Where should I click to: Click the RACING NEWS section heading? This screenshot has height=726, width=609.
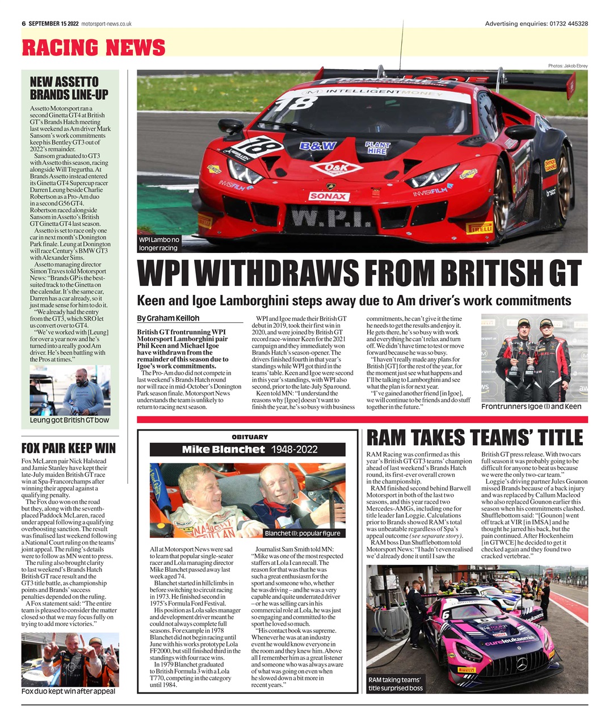(x=94, y=47)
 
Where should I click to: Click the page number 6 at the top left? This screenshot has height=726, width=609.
(x=24, y=24)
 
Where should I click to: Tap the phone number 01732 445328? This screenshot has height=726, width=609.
(x=568, y=24)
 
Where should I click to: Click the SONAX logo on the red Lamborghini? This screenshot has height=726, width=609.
(x=329, y=196)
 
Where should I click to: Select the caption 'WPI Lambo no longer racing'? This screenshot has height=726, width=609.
(x=158, y=244)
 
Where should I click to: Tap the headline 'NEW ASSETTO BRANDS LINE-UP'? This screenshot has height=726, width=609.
(x=69, y=88)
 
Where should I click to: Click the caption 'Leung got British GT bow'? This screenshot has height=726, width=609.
(x=69, y=420)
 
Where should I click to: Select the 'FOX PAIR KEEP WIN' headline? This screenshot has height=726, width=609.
(x=68, y=448)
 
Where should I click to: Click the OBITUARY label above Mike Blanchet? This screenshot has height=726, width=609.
(x=249, y=437)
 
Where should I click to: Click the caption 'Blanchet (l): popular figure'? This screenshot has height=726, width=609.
(x=303, y=533)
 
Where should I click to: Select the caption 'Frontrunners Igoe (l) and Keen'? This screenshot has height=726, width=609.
(x=531, y=407)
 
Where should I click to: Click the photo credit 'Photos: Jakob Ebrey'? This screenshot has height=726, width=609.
(x=568, y=66)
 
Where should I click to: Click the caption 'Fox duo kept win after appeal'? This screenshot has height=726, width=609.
(x=68, y=691)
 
